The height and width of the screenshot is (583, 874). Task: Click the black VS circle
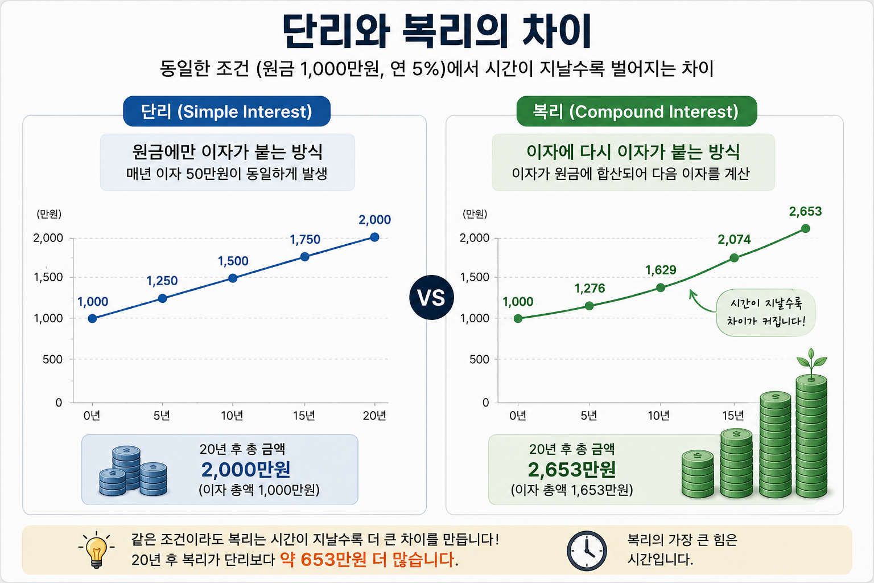point(431,298)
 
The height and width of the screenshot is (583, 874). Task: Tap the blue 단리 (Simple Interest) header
point(226,111)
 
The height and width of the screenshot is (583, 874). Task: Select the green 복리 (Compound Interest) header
point(636,111)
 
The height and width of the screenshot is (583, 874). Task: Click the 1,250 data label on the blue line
point(162,280)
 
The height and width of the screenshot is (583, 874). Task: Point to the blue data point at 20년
point(374,237)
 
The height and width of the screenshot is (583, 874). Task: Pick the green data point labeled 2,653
point(805,228)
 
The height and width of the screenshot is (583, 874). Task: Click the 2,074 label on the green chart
point(734,239)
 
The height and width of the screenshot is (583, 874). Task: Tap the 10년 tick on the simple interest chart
point(232,416)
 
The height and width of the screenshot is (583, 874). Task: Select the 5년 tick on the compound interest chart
point(589,416)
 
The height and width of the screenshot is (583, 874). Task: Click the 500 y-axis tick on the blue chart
point(53,359)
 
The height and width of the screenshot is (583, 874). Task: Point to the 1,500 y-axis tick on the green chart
point(475,277)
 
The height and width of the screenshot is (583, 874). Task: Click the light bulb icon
point(96,550)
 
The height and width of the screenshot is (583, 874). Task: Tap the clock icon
point(587,551)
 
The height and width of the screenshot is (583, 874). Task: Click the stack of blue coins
point(133,471)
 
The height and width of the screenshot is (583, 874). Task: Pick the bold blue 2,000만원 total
point(246,469)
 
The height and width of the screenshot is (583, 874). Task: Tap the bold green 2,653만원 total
point(572,469)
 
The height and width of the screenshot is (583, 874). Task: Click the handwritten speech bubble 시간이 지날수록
point(765,313)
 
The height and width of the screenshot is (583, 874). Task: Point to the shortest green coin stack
point(698,474)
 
